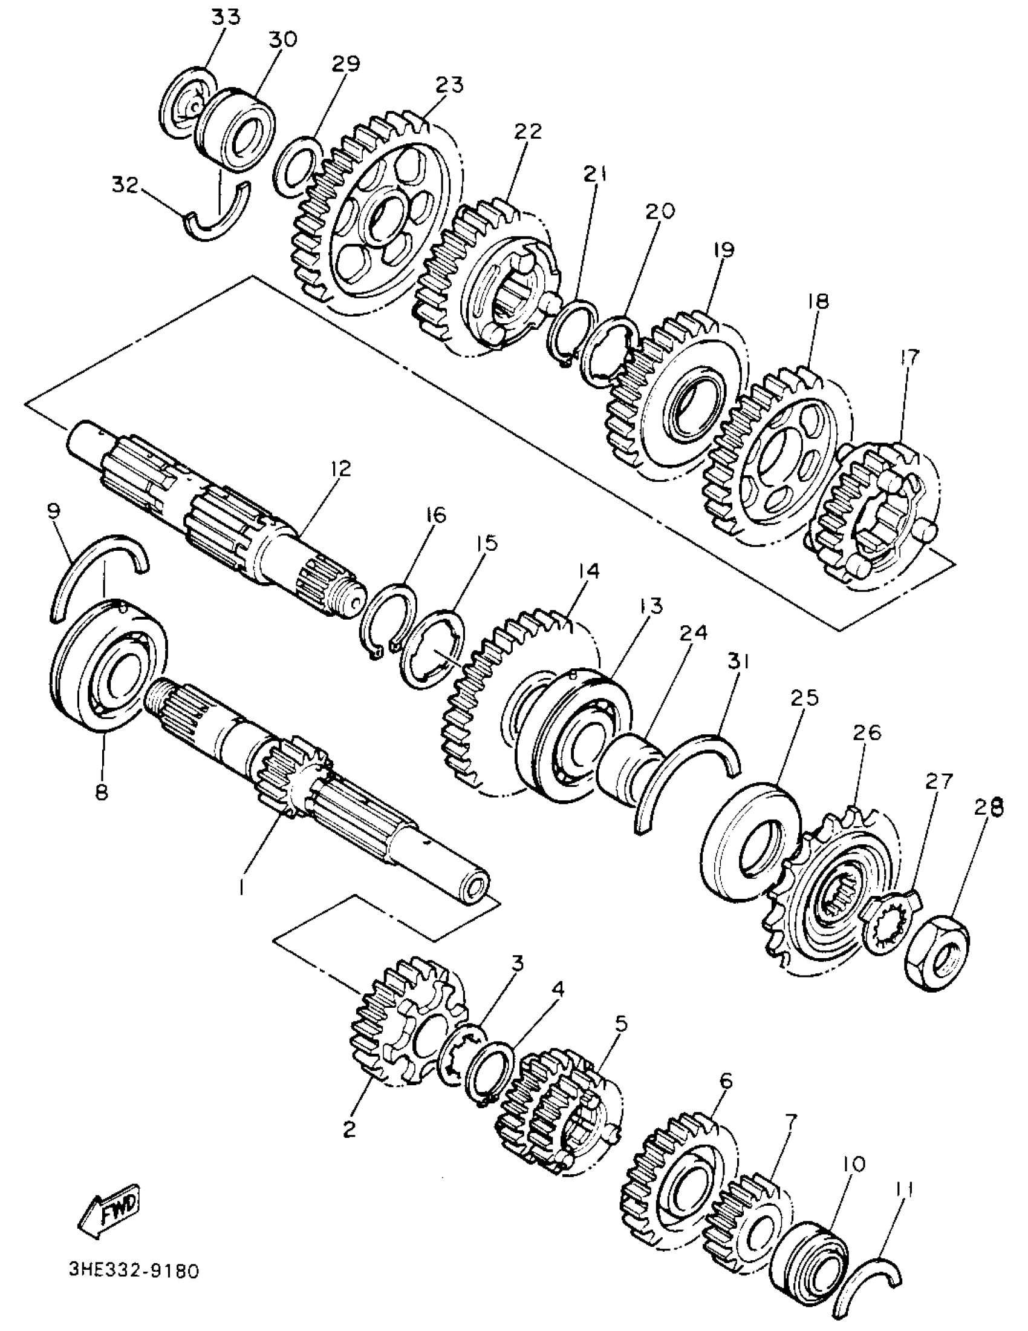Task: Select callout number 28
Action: pos(987,807)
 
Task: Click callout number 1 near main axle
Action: pos(242,889)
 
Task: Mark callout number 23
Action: pos(449,85)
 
